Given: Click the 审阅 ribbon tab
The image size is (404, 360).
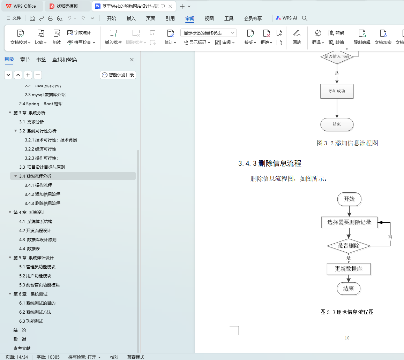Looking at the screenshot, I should [190, 18].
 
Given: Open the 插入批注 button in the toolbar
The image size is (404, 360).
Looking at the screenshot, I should [113, 37].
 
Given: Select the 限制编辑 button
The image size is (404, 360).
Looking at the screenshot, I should [362, 37].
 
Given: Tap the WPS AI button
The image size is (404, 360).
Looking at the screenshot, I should [286, 18].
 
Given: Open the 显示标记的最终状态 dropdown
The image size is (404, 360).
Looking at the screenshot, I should [208, 33].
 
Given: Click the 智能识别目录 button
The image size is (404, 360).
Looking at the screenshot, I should [118, 75].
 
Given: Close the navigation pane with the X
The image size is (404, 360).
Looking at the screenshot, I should [132, 60].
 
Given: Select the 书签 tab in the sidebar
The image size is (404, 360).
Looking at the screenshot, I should [41, 60].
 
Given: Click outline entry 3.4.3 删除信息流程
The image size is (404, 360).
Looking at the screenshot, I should [43, 203].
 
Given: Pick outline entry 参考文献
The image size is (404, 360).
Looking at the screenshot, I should [22, 348].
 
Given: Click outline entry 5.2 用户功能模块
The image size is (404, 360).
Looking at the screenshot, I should [35, 276].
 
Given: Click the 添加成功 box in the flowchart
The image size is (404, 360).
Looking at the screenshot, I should [337, 91].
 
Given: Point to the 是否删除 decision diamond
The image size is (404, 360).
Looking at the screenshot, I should [348, 246].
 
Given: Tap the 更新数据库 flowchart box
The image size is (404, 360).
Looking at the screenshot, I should [348, 269].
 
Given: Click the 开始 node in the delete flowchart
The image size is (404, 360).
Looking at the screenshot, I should [349, 199].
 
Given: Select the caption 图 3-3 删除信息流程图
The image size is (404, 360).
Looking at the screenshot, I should [347, 312].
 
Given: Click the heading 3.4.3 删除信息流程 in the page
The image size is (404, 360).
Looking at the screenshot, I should [270, 163].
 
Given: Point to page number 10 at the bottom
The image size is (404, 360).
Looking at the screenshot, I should [347, 338].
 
